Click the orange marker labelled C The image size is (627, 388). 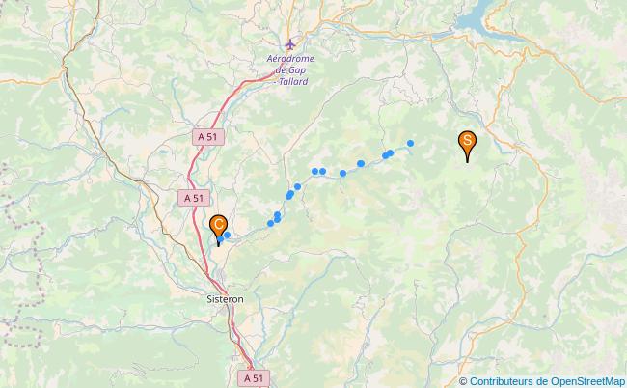[x=220, y=227]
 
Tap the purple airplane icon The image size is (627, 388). [x=291, y=43]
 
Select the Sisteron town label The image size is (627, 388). [x=225, y=299]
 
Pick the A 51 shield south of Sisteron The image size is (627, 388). [x=253, y=379]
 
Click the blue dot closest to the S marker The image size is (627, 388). [x=411, y=144]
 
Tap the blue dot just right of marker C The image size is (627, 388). [x=228, y=234]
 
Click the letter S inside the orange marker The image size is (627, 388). [x=467, y=141]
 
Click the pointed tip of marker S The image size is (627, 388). [x=467, y=161]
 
